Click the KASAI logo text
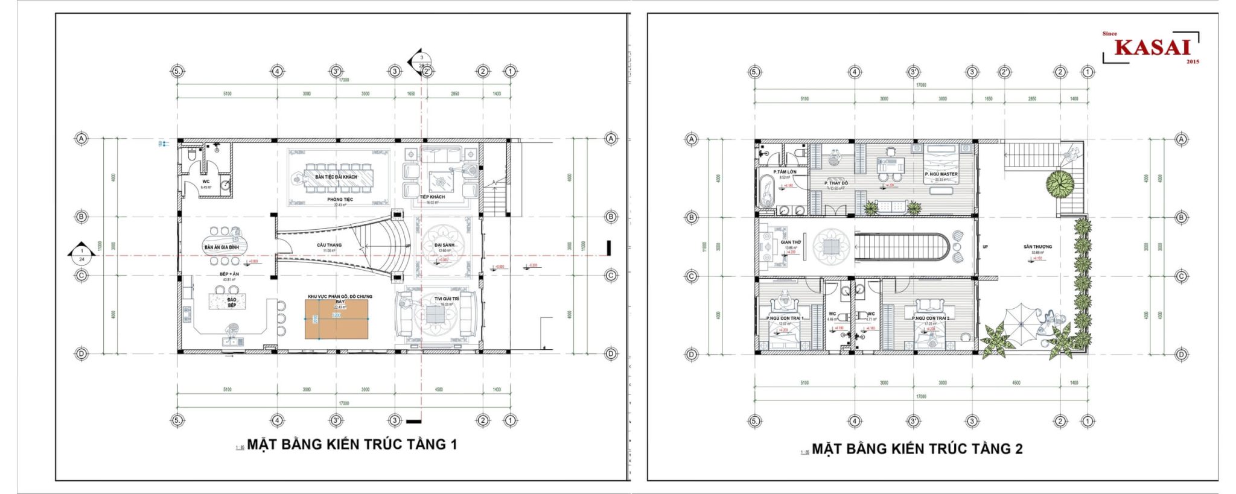[x=1152, y=47]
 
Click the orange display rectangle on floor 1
[x=336, y=318]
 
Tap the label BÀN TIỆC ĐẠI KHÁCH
[x=336, y=177]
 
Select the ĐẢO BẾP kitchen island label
[x=232, y=302]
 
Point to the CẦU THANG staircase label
[x=329, y=245]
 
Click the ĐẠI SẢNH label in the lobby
[x=445, y=245]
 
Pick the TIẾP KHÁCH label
[x=432, y=197]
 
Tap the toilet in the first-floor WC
[x=192, y=156]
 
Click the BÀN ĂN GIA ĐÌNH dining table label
[x=221, y=247]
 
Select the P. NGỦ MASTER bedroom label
[x=941, y=174]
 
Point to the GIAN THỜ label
[x=791, y=242]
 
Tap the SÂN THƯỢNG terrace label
[x=1037, y=246]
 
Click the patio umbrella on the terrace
[x=1021, y=323]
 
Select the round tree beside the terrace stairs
[x=1060, y=183]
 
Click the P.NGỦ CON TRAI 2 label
[x=930, y=318]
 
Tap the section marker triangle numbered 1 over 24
[x=81, y=255]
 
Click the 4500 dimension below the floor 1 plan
[x=439, y=390]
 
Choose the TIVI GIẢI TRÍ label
[x=447, y=299]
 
